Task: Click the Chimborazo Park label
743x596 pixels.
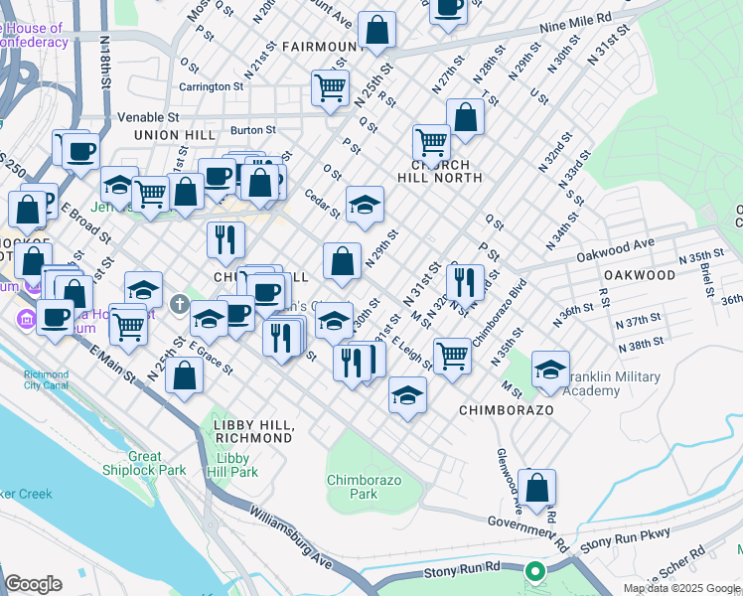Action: [x=352, y=487]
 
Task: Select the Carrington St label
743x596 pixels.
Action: [x=212, y=86]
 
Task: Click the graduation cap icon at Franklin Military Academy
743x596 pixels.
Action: [x=550, y=369]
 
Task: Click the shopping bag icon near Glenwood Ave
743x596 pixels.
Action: [x=536, y=487]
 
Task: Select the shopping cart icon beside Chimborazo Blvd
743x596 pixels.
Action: [x=453, y=353]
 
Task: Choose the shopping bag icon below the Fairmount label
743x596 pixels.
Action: [x=376, y=30]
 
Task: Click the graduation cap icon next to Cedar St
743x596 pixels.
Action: [x=365, y=204]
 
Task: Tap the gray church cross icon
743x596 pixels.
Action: [x=179, y=302]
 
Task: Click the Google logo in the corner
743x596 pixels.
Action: [x=34, y=584]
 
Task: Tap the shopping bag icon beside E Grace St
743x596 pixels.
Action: [x=185, y=374]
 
